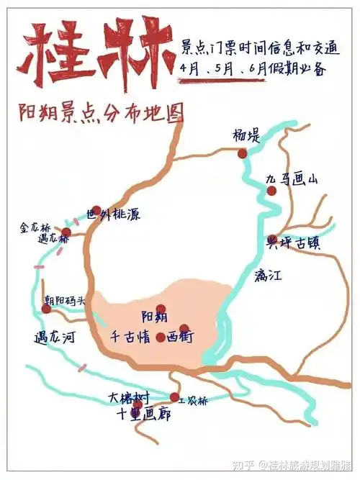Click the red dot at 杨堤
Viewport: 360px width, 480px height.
point(242,153)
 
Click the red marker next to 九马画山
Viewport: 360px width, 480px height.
point(271,191)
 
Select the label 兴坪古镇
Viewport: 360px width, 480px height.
point(293,243)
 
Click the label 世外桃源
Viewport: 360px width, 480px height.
point(113,214)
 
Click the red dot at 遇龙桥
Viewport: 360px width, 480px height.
point(66,232)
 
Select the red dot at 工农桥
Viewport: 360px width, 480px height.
point(174,397)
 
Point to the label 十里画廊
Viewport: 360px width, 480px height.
point(144,415)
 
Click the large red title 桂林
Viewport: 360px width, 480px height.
point(95,54)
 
